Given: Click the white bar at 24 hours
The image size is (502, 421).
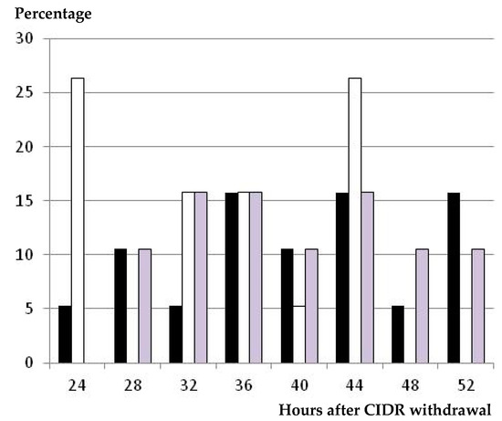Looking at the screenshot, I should point(78,220).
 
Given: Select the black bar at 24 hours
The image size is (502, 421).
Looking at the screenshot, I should point(65,334).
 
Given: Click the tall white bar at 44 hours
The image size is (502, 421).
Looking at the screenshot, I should point(354,220).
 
